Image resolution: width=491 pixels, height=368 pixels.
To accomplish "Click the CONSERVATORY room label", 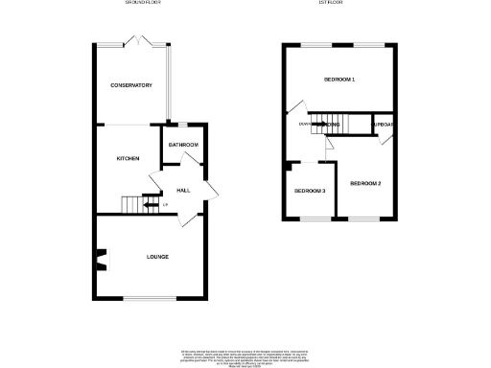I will (131, 85).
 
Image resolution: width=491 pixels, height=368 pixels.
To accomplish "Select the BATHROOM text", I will (183, 145).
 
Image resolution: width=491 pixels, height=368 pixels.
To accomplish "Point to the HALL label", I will (182, 191).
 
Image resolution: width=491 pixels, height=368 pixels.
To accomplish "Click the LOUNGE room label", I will (157, 257).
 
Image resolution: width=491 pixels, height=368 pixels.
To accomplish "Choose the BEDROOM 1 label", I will (339, 79).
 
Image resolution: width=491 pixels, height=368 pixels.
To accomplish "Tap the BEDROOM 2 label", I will (365, 183).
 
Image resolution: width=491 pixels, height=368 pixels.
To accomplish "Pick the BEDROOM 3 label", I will (310, 191).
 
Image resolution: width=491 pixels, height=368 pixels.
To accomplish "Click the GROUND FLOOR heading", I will (142, 3).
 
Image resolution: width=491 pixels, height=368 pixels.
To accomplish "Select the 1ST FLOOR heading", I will (332, 3).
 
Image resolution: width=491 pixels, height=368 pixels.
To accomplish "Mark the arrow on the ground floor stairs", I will (148, 204).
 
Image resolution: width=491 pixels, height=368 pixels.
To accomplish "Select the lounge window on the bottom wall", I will (150, 297).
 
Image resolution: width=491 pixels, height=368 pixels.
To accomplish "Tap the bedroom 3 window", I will (311, 219).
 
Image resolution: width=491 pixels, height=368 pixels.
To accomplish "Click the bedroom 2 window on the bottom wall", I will (363, 219).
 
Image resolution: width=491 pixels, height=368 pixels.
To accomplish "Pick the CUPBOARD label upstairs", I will (384, 125).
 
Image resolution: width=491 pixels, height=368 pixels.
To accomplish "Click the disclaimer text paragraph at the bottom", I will (245, 356).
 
